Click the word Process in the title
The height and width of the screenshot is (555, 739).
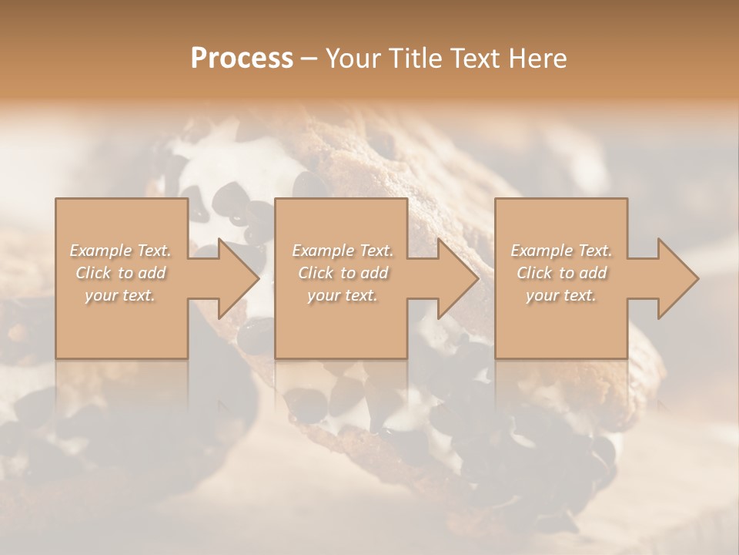point(242,59)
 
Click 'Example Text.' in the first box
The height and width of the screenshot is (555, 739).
point(121,251)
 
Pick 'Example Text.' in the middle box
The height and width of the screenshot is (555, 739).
point(342,251)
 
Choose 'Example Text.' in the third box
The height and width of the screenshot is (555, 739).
point(561,251)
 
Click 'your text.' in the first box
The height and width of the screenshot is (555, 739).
point(121,295)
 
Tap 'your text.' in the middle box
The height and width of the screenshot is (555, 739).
point(342,295)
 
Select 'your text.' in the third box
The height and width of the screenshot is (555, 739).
point(561,295)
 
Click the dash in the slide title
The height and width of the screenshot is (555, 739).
point(309,59)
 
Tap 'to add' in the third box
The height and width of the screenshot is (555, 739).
point(584,273)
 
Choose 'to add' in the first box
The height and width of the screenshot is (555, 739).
point(142,273)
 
